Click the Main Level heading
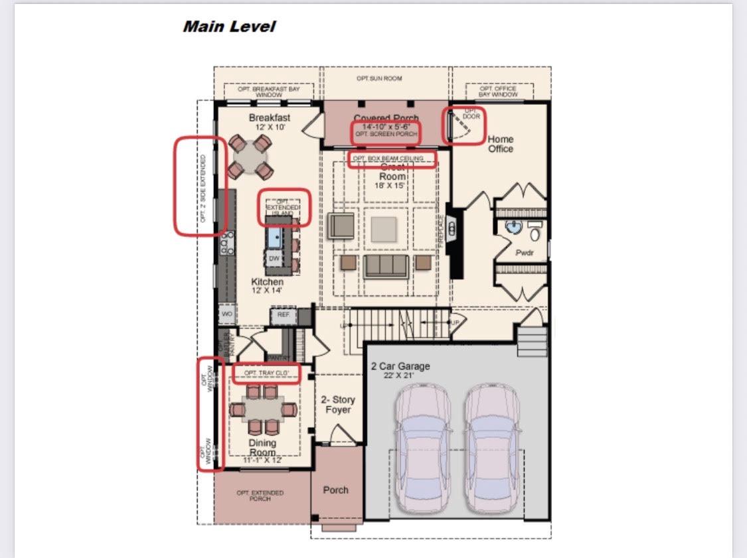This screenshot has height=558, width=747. pyautogui.click(x=228, y=27)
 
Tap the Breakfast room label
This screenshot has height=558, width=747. pyautogui.click(x=270, y=118)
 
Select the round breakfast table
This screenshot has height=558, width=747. pyautogui.click(x=250, y=157)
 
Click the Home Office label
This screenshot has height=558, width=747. pyautogui.click(x=500, y=144)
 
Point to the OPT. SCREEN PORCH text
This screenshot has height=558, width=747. pyautogui.click(x=386, y=134)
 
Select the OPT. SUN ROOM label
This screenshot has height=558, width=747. pyautogui.click(x=379, y=78)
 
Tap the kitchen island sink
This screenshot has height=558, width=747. pyautogui.click(x=274, y=236)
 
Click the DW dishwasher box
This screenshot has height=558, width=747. pyautogui.click(x=274, y=258)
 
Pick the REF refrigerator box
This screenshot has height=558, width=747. pyautogui.click(x=284, y=314)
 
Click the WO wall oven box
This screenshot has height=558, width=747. pyautogui.click(x=226, y=313)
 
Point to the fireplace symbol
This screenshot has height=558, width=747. pyautogui.click(x=453, y=230)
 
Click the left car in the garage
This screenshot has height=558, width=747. pyautogui.click(x=422, y=448)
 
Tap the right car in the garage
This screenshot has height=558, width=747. pyautogui.click(x=492, y=448)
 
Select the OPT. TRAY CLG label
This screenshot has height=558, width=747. pyautogui.click(x=266, y=374)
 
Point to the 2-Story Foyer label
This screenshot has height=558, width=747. pyautogui.click(x=338, y=405)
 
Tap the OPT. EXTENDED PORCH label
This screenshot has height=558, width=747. pyautogui.click(x=260, y=496)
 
